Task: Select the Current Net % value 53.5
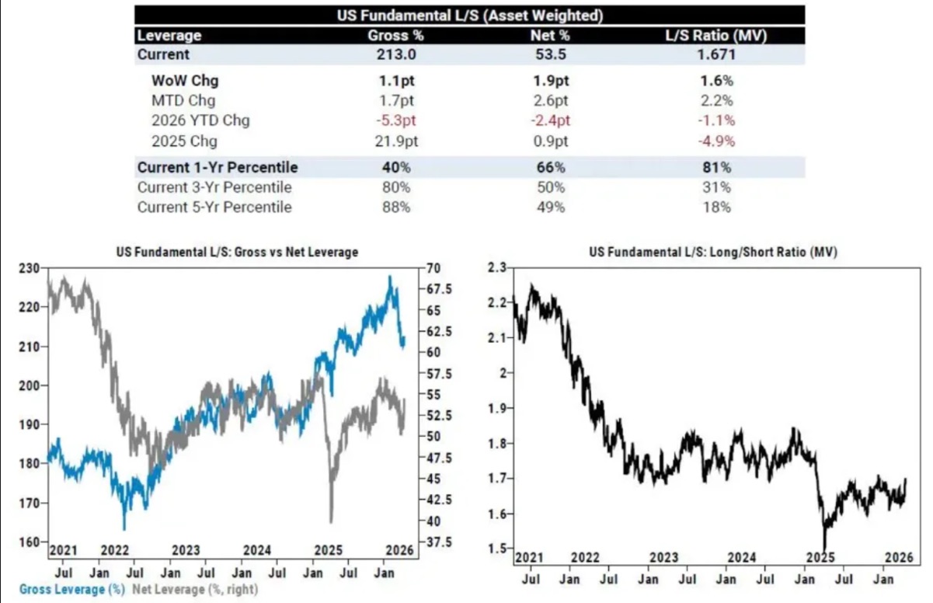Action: [x=551, y=55]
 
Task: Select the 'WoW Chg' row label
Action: [x=184, y=81]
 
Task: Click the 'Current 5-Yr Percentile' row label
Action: [x=214, y=207]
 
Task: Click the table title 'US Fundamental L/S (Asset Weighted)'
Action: [x=470, y=15]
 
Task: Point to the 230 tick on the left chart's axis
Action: [x=28, y=268]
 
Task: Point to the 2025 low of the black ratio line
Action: [x=824, y=548]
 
